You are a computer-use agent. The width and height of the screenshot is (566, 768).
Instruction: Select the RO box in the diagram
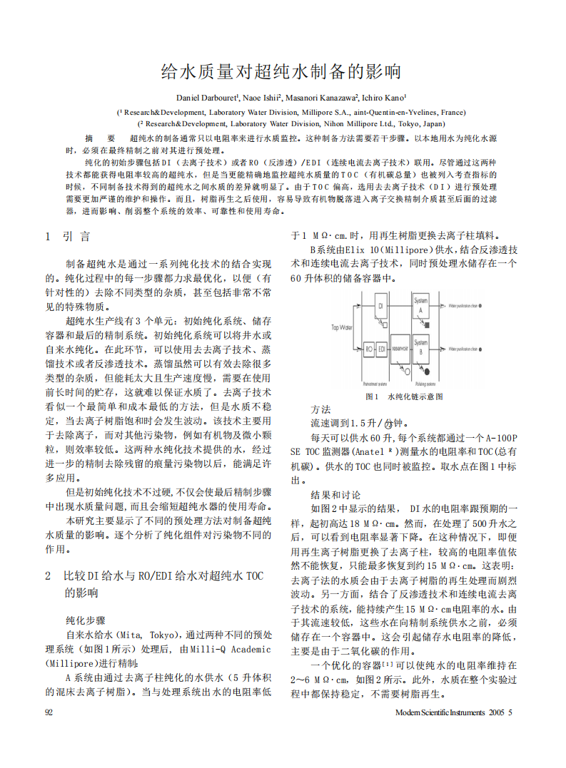369,349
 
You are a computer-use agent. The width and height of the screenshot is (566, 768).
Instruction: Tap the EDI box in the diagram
382,349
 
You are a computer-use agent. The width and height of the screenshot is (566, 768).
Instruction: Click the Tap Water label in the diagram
343,327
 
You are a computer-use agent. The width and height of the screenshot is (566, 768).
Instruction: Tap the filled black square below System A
427,324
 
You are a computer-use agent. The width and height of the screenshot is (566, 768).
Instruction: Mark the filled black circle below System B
427,371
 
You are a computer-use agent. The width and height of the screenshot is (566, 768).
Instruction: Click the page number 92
49,712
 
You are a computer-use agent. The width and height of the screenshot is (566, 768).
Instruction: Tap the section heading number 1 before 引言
49,237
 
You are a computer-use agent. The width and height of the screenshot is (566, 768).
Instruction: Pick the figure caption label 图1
371,395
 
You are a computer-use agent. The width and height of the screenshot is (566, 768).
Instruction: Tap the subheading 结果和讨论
335,493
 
